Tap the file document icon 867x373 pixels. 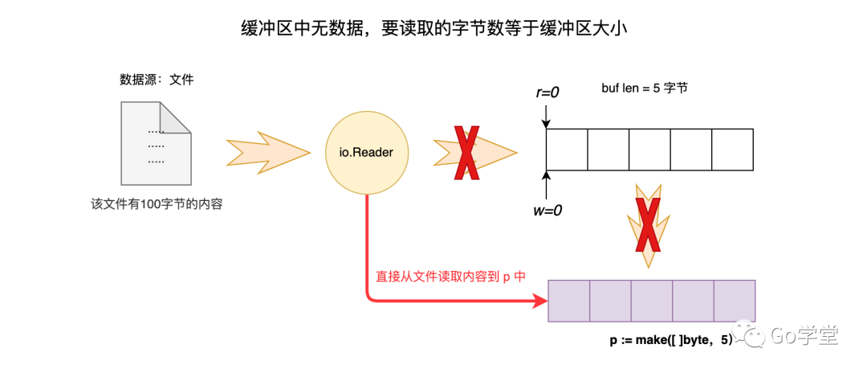click(156, 143)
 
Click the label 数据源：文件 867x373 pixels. click(157, 80)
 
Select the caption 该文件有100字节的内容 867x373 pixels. click(157, 204)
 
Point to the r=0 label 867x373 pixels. click(547, 92)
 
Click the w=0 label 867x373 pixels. click(547, 211)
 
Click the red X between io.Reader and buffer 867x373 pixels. click(466, 151)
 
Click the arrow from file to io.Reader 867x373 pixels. click(268, 150)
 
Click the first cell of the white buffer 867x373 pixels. click(567, 150)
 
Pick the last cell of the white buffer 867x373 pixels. click(733, 150)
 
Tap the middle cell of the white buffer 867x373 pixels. click(649, 150)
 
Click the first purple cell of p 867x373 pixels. click(568, 301)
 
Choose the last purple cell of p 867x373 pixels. click(734, 301)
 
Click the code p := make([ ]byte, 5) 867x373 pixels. click(671, 340)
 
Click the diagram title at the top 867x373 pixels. click(433, 29)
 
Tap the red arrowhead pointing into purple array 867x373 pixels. click(539, 301)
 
